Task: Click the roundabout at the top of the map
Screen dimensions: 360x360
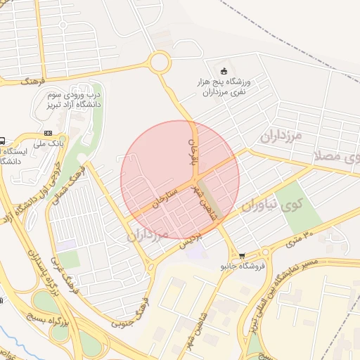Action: pos(160,63)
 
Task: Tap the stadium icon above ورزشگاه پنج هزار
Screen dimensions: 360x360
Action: pos(224,70)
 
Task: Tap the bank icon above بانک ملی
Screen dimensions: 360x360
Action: pos(48,133)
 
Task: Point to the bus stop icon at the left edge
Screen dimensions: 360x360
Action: pos(3,140)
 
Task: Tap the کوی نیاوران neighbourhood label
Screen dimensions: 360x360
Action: pos(271,205)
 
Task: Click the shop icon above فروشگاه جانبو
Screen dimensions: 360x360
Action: pos(243,256)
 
